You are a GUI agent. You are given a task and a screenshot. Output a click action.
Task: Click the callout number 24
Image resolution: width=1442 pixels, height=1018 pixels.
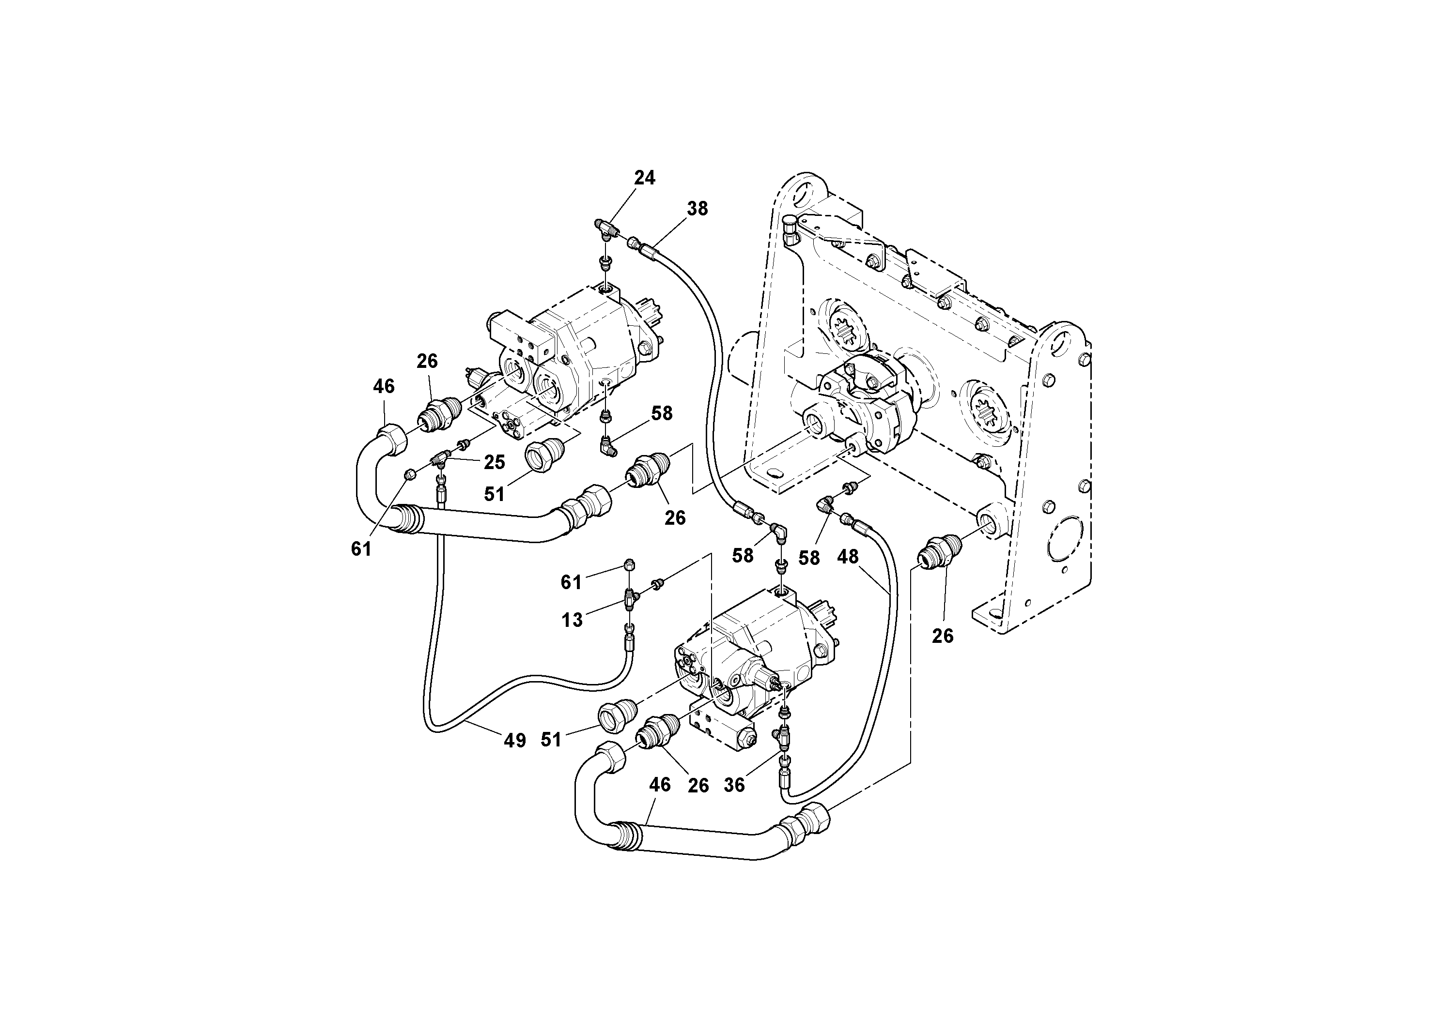tap(644, 178)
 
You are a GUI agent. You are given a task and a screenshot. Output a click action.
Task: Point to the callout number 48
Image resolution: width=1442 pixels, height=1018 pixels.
tap(848, 557)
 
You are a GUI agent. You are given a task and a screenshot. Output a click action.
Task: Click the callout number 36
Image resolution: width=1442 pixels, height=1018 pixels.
tap(734, 785)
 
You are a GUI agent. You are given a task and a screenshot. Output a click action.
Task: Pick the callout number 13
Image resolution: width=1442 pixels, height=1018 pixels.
tap(572, 620)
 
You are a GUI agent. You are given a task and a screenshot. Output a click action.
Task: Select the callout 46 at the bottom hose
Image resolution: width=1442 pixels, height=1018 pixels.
tap(659, 785)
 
